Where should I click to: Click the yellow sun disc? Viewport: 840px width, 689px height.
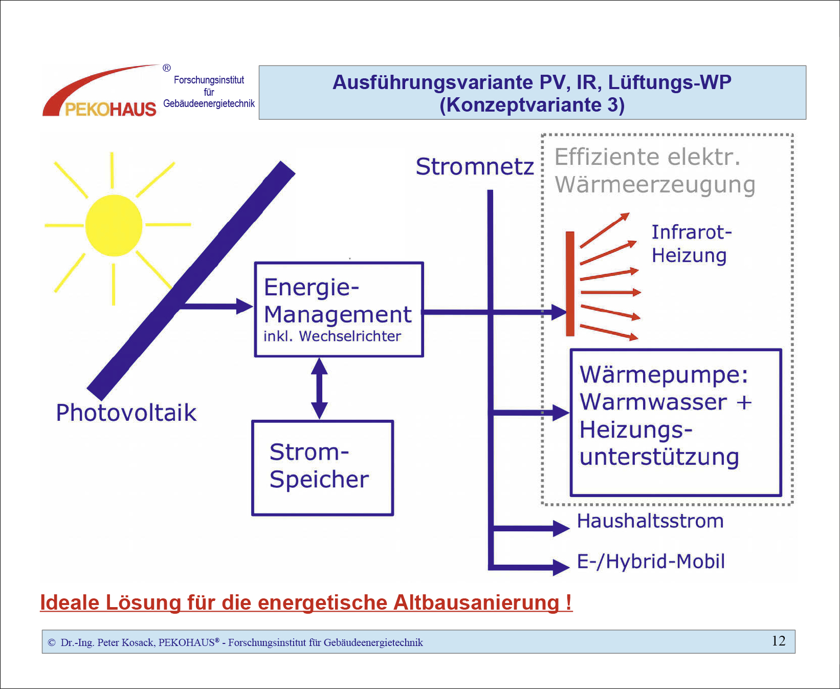pyautogui.click(x=114, y=225)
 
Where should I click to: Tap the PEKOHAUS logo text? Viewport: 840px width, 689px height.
pyautogui.click(x=110, y=109)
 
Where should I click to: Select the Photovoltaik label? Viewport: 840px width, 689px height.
pyautogui.click(x=126, y=413)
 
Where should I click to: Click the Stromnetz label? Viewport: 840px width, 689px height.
pyautogui.click(x=474, y=167)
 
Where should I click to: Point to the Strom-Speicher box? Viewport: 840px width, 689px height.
pyautogui.click(x=322, y=468)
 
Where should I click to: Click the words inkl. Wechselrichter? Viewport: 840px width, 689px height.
pyautogui.click(x=332, y=336)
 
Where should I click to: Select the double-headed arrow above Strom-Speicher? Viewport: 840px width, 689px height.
pyautogui.click(x=319, y=389)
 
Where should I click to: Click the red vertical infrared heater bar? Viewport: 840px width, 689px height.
pyautogui.click(x=570, y=284)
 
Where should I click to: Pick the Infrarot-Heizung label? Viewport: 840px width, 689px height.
pyautogui.click(x=691, y=244)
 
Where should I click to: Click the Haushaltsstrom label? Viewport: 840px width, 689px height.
pyautogui.click(x=650, y=521)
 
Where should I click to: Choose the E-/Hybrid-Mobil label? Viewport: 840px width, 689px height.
pyautogui.click(x=651, y=562)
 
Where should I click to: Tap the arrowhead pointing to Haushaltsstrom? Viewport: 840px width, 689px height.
pyautogui.click(x=562, y=528)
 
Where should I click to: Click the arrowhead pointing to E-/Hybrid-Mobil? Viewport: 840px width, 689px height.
pyautogui.click(x=562, y=567)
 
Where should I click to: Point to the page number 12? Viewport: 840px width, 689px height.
pyautogui.click(x=779, y=641)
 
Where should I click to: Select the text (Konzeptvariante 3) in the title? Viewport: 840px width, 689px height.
pyautogui.click(x=532, y=105)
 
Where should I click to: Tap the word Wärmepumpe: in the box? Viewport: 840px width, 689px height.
pyautogui.click(x=664, y=375)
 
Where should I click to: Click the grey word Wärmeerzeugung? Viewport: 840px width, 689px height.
pyautogui.click(x=655, y=185)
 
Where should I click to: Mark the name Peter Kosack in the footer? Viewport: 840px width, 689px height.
pyautogui.click(x=125, y=642)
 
